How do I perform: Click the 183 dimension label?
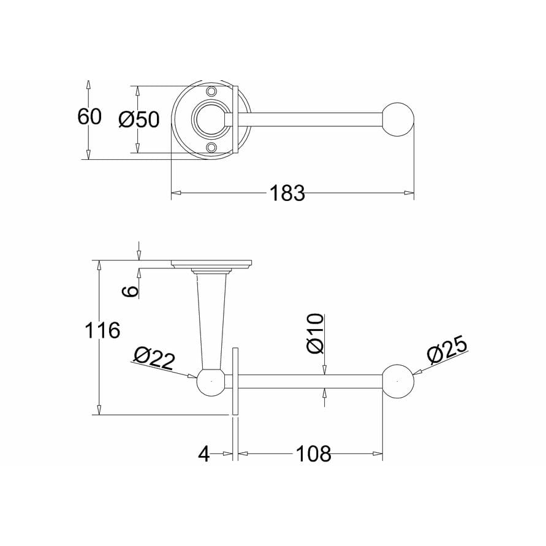pos(287,193)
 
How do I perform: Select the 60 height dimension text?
pos(89,116)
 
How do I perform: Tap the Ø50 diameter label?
pos(138,119)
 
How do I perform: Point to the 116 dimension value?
pos(102,330)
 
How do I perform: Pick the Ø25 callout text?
pos(447,350)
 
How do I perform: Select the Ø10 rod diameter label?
pos(316,333)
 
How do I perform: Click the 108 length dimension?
pos(313,453)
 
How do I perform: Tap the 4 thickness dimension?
pos(204,453)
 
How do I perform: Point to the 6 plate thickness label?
pos(131,291)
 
